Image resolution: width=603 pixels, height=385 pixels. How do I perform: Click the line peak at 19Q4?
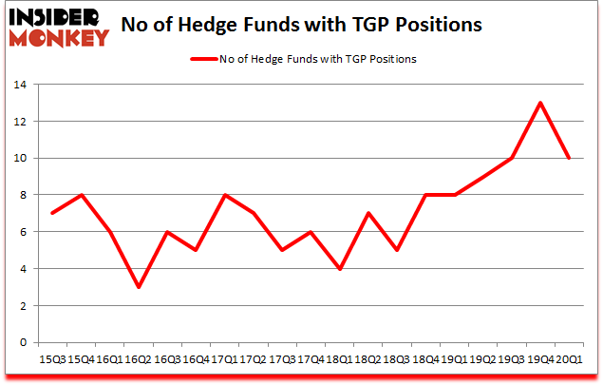pyautogui.click(x=540, y=103)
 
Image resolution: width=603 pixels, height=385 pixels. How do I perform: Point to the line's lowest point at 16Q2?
pyautogui.click(x=139, y=286)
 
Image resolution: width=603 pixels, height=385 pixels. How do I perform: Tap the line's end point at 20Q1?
pyautogui.click(x=569, y=158)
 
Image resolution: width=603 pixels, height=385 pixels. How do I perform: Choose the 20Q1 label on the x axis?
pyautogui.click(x=569, y=359)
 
